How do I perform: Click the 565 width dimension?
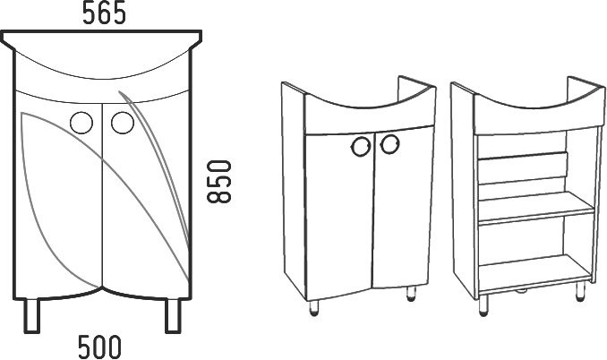click(x=104, y=13)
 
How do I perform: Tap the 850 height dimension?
click(x=219, y=182)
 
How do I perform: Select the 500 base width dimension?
click(x=99, y=347)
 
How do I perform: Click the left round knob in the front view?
click(x=81, y=123)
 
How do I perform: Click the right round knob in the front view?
click(x=123, y=123)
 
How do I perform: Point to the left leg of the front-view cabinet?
click(x=31, y=315)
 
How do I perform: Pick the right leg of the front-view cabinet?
click(x=173, y=315)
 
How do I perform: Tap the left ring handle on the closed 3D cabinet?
click(x=361, y=146)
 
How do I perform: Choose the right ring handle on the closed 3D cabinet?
click(x=389, y=144)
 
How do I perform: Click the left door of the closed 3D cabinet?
click(x=340, y=216)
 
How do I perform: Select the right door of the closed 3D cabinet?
click(x=403, y=207)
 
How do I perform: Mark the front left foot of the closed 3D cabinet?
click(x=314, y=308)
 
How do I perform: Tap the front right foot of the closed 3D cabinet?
click(x=411, y=294)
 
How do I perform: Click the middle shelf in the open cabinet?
click(x=535, y=208)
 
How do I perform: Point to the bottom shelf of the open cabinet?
click(x=534, y=272)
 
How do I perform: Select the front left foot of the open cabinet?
click(x=483, y=305)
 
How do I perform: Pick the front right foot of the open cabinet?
click(x=580, y=291)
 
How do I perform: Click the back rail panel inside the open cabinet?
click(x=523, y=168)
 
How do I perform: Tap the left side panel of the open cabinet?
click(x=464, y=191)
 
